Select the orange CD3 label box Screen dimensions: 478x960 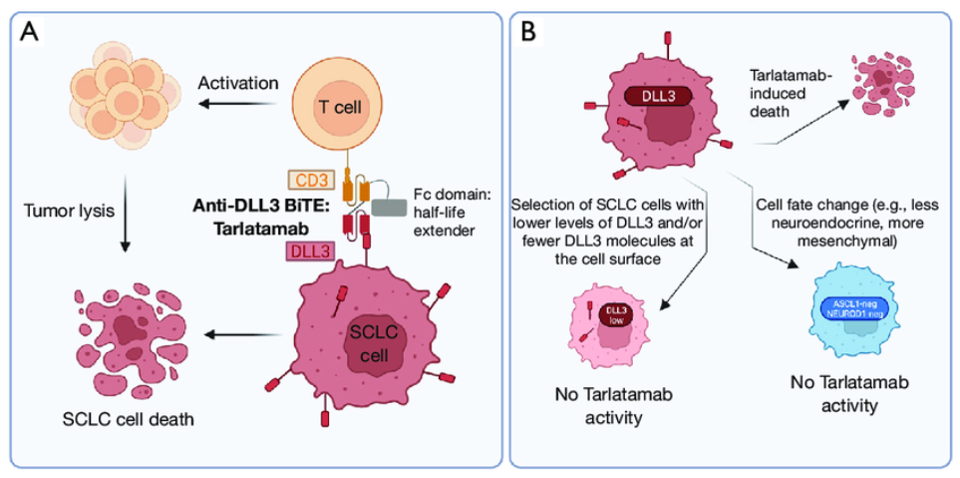(x=310, y=180)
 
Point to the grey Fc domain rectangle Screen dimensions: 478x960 (x=391, y=205)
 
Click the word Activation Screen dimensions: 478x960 (x=237, y=82)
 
